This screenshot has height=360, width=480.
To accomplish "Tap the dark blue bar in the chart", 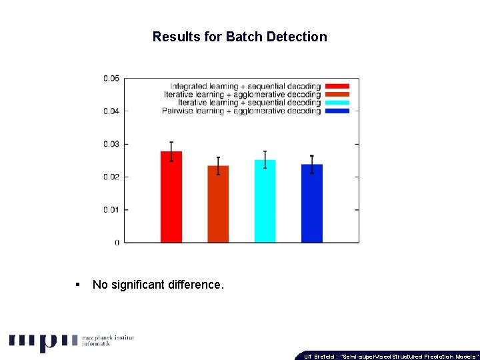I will (x=311, y=203).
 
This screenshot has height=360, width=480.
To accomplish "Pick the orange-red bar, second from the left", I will (x=218, y=204).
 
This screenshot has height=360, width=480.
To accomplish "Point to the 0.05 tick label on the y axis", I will (x=111, y=79).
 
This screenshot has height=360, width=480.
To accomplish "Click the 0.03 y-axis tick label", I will (x=111, y=144).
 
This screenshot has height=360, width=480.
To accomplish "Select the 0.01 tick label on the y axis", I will (x=111, y=210).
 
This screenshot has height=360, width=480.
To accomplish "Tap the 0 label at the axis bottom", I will (x=117, y=243).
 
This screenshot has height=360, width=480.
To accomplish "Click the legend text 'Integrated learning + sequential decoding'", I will (x=245, y=87).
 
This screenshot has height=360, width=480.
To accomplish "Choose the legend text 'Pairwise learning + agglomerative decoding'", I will (x=241, y=111).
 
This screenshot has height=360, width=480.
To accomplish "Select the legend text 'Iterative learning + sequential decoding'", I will (x=249, y=103).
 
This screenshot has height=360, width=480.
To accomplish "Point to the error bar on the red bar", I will (x=171, y=151).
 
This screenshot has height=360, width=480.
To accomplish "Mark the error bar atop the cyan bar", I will (x=265, y=159).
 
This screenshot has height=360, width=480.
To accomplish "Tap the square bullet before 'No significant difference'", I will (x=79, y=285).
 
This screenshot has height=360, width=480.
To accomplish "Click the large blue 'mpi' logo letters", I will (x=43, y=341).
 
